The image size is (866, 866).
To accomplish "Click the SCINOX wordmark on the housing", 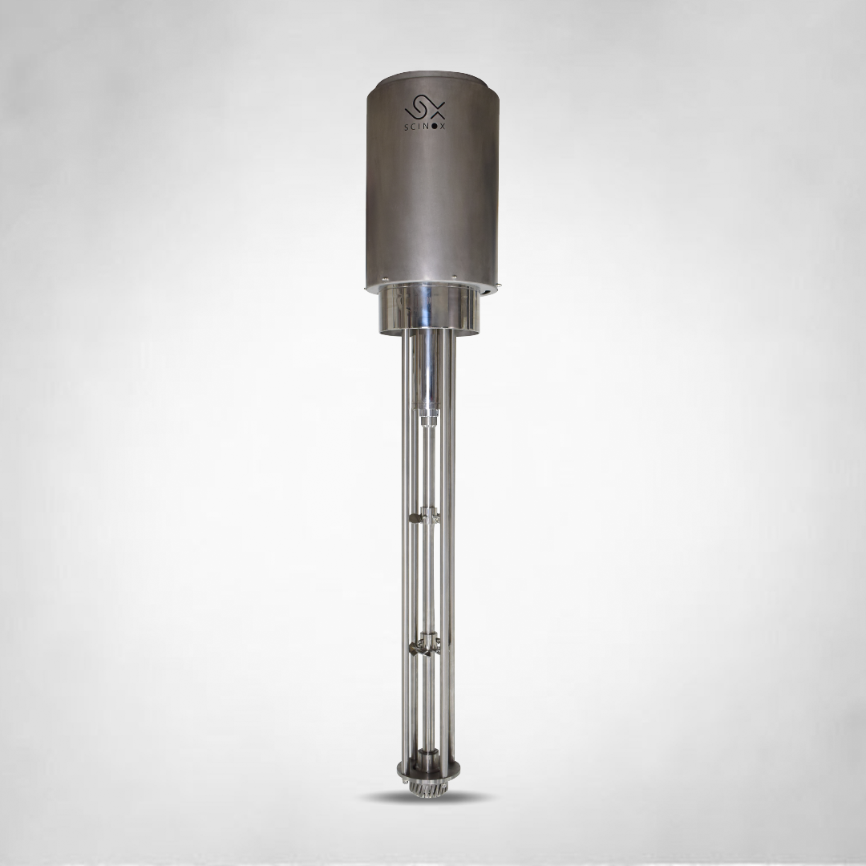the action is point(425,127).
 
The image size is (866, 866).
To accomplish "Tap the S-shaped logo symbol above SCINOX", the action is point(425,107).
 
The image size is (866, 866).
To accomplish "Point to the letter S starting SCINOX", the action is point(407,127).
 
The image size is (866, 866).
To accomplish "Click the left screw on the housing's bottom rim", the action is point(385,278).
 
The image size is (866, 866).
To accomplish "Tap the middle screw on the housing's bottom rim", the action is point(453,277).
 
